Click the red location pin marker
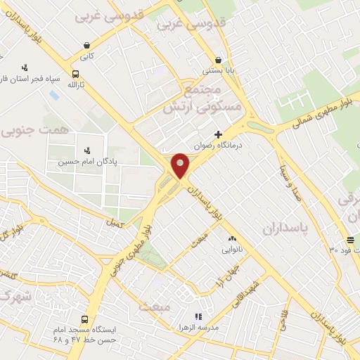(x=181, y=165)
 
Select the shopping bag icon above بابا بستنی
(x=218, y=60)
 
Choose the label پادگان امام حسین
(x=86, y=162)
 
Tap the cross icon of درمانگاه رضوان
(x=218, y=134)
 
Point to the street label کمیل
(x=112, y=222)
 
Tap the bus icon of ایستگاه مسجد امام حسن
(x=85, y=317)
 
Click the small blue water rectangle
(x=54, y=94)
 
